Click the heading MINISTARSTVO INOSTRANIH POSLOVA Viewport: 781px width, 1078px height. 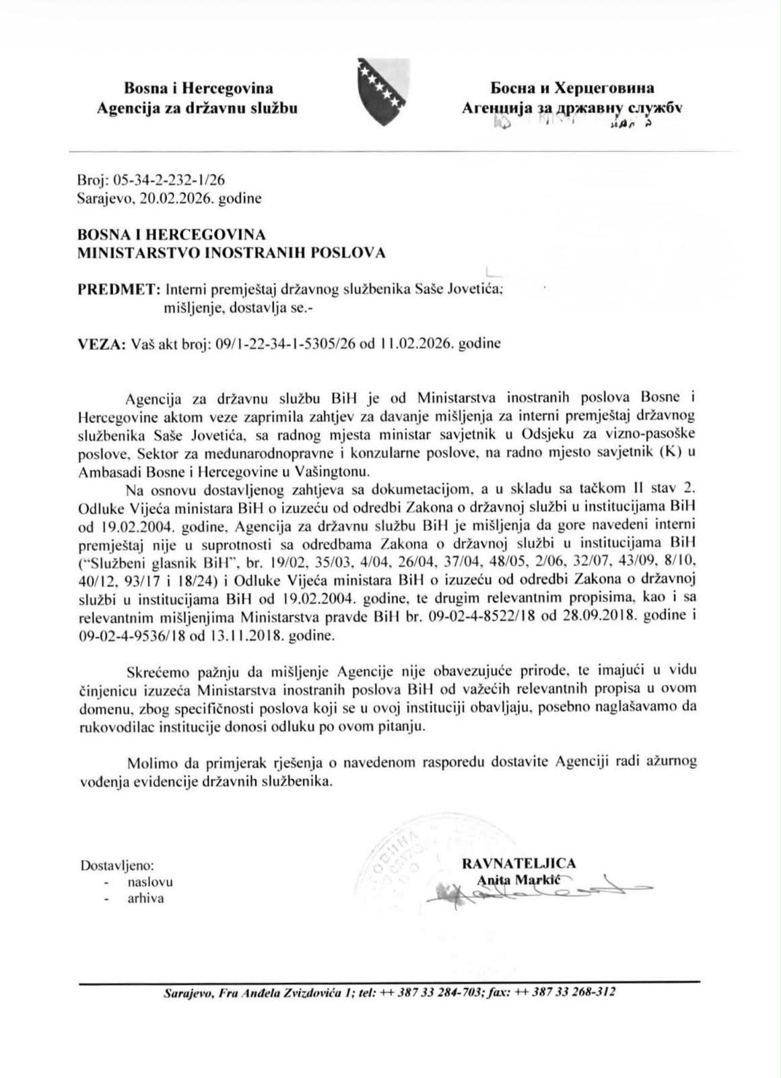click(232, 253)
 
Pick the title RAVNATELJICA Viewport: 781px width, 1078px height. click(518, 863)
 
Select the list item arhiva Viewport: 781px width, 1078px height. click(146, 898)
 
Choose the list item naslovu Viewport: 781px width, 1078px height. click(150, 881)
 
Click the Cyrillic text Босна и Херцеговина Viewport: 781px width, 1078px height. click(572, 88)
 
